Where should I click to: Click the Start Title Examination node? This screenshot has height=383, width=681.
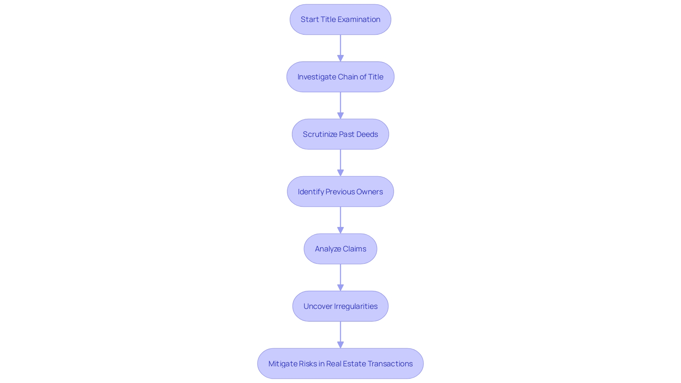click(x=340, y=20)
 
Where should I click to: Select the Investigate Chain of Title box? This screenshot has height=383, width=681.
click(x=340, y=77)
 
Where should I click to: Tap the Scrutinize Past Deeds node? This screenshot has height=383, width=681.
click(x=340, y=134)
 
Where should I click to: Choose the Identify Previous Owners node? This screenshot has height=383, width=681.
click(x=340, y=191)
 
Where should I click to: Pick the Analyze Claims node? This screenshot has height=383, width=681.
click(x=340, y=249)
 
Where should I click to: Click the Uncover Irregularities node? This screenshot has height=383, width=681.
click(x=340, y=306)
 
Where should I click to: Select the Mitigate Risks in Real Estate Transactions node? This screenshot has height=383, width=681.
click(x=340, y=363)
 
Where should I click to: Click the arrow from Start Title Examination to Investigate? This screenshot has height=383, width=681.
click(x=340, y=48)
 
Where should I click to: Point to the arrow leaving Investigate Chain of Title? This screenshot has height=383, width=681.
click(x=340, y=105)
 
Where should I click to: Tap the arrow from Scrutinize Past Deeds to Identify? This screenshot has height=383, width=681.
click(x=340, y=163)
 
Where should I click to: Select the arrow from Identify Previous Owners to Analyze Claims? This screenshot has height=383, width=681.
click(x=340, y=220)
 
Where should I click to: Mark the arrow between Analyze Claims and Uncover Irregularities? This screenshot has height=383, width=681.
click(x=340, y=277)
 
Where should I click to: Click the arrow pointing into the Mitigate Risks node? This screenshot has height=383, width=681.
click(x=340, y=335)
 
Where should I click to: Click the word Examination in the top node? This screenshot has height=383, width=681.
click(x=359, y=20)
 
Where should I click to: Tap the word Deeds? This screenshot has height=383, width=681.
click(x=367, y=134)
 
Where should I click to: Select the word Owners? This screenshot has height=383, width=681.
click(x=370, y=192)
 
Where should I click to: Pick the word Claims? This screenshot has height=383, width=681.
click(x=354, y=249)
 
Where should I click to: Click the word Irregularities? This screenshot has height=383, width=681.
click(x=355, y=306)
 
